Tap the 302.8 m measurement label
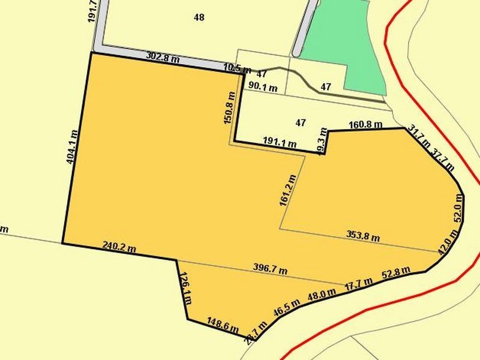[163, 58]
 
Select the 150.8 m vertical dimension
[227, 107]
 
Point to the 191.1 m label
[280, 143]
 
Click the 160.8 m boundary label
[365, 125]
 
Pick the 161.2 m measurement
[288, 190]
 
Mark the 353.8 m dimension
[363, 235]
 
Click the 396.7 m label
[270, 270]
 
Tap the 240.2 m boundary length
[119, 245]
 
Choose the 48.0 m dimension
[322, 295]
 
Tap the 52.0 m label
[458, 213]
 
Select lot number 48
[199, 17]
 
